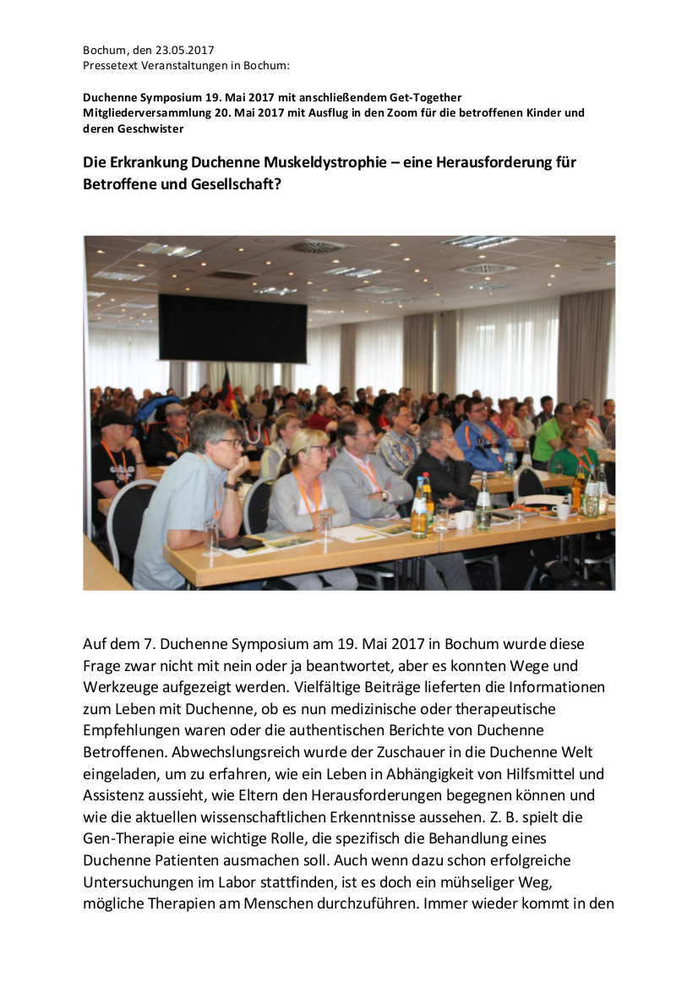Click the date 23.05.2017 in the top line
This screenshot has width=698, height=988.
point(184,51)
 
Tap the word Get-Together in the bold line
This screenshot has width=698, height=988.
point(426,98)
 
